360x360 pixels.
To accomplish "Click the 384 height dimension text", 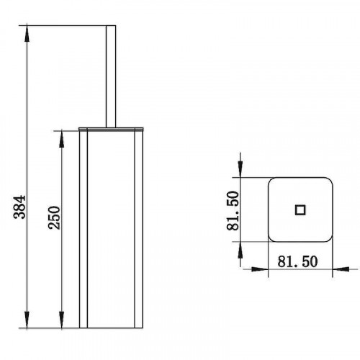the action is [19, 207].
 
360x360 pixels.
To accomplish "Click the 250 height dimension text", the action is [54, 217].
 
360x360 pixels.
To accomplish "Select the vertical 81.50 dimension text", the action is [233, 210].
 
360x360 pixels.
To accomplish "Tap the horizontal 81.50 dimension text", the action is [297, 261].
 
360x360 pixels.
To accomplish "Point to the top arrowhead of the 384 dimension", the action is [27, 33].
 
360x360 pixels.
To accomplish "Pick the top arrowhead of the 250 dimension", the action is [62, 139].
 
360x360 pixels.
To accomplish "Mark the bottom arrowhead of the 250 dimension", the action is [62, 320].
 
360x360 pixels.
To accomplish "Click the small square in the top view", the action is [300, 210].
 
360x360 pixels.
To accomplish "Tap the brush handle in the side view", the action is [111, 76].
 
